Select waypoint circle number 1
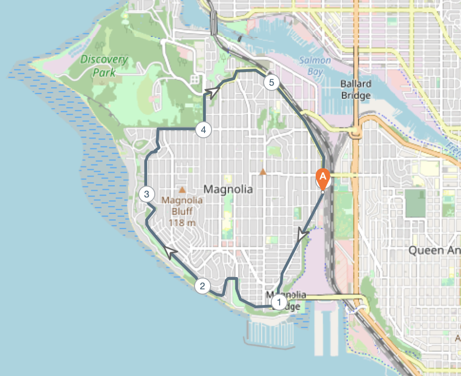point(279,302)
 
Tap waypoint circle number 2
point(202,286)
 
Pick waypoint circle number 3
point(147,194)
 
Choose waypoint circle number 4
point(203,129)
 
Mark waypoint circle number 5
point(271,82)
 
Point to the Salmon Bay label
point(315,66)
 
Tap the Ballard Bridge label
point(355,90)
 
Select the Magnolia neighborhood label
point(228,189)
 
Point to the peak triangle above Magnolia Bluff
point(182,189)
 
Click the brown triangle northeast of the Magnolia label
point(263,172)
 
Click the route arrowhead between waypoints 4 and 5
point(214,91)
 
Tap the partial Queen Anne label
point(434,251)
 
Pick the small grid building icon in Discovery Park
point(195,79)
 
